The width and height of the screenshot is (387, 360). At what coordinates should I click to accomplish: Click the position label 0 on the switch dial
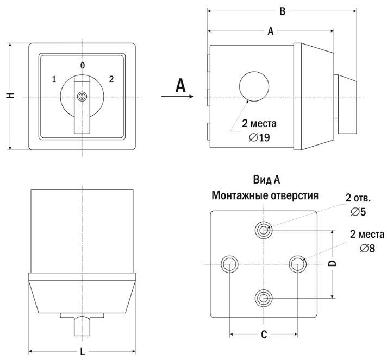(83, 66)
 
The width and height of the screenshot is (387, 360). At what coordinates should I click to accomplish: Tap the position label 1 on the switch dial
(54, 79)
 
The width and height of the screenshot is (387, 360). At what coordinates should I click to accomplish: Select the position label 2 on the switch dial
(111, 79)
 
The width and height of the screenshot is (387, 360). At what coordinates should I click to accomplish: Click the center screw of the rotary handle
(82, 97)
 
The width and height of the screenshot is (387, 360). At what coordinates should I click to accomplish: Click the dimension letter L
(83, 351)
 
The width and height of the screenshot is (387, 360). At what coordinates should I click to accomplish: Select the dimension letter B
(282, 11)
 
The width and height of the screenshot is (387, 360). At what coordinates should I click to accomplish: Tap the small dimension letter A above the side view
(271, 31)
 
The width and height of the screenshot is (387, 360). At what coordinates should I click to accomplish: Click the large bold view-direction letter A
(181, 85)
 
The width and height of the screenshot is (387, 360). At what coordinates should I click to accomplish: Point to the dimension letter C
(264, 334)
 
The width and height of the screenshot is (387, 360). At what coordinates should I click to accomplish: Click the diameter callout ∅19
(259, 137)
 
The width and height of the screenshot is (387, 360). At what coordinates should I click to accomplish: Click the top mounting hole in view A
(264, 230)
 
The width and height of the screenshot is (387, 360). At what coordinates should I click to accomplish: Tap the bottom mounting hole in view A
(264, 297)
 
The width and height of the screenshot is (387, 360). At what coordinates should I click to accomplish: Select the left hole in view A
(229, 264)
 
